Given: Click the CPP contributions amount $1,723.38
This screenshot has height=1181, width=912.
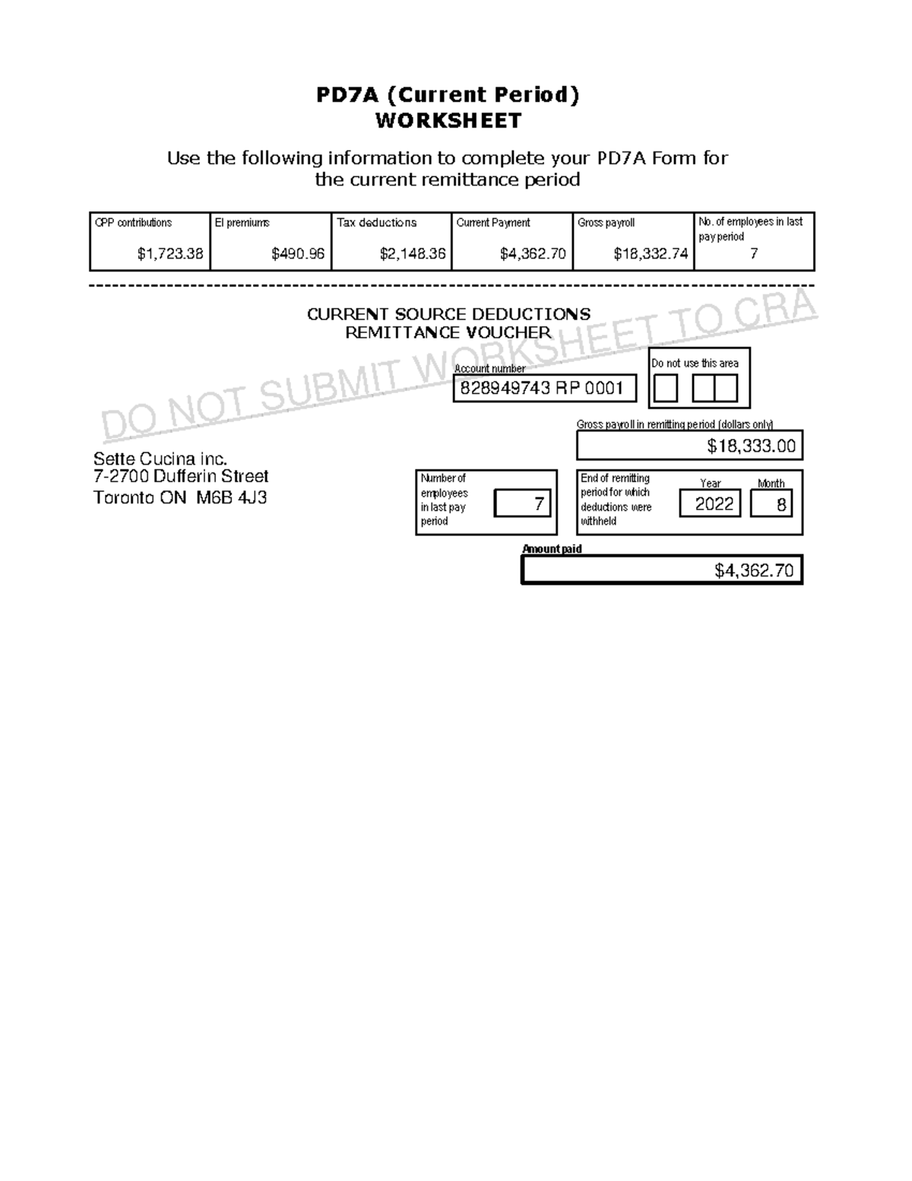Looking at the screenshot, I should tap(169, 254).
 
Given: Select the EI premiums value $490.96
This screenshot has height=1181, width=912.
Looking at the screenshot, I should tap(298, 254).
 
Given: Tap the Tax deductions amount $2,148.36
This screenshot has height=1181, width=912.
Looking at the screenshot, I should tap(412, 254).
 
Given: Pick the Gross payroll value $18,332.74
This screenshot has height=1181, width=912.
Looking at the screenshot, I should tap(651, 254).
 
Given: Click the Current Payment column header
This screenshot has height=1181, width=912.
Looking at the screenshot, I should tap(493, 223).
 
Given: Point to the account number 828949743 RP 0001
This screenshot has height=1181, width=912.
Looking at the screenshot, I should tap(543, 389).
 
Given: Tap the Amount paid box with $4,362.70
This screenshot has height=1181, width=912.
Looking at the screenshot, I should tap(661, 570).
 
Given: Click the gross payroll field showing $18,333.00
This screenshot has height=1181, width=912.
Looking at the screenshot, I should tap(689, 446).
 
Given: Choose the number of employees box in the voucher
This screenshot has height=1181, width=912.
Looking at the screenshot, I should tap(523, 503).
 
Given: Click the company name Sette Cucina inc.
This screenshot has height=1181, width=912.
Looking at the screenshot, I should tap(160, 459).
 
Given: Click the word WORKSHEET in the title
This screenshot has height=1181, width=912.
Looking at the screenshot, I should tap(448, 121).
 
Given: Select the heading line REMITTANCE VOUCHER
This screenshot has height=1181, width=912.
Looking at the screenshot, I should tap(448, 332).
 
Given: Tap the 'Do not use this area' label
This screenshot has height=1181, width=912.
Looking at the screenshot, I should tap(695, 364).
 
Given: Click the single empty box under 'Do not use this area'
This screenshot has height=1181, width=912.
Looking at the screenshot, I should tap(665, 389).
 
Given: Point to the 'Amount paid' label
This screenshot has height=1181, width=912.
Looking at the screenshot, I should tap(552, 549).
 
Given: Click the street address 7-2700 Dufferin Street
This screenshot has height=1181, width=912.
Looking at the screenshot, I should tap(181, 477).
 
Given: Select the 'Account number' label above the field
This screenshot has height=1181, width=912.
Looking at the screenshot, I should tap(489, 369).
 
